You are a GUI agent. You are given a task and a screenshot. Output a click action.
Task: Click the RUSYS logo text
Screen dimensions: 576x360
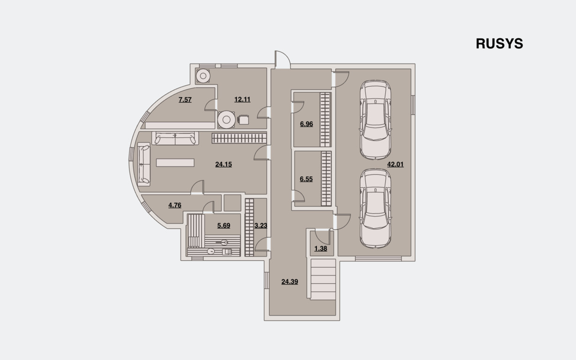pos(499,44)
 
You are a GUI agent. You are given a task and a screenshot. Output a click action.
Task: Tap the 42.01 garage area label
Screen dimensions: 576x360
pos(396,165)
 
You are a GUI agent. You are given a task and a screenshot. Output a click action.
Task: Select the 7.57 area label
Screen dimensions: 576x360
pos(185,99)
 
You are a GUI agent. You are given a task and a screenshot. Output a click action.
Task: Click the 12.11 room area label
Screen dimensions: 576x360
pos(242,99)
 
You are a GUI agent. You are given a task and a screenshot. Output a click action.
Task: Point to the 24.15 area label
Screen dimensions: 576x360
pos(224,165)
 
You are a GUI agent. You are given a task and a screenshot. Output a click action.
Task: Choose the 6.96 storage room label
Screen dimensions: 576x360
pos(307,124)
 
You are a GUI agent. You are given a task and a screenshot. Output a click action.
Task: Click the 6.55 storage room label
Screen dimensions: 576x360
pos(306,179)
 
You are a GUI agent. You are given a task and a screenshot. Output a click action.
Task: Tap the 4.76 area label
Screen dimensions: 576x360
pos(175,205)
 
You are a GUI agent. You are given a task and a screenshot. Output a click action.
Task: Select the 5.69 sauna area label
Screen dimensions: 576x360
pos(224,225)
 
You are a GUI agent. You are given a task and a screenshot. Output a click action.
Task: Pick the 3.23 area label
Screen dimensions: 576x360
pos(261,225)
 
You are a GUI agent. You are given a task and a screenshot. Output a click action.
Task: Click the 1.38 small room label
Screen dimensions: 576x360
pos(321,248)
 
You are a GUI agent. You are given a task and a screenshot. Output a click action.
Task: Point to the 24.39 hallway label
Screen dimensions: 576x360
pos(290,282)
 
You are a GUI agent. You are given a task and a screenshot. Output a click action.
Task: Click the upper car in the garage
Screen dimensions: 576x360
pos(375,120)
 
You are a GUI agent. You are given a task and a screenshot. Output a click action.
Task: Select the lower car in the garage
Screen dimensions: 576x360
pos(375,209)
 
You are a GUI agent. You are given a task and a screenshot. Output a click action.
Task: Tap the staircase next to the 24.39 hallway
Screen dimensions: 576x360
pos(323,279)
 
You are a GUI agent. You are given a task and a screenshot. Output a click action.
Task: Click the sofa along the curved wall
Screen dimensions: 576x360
pos(144,165)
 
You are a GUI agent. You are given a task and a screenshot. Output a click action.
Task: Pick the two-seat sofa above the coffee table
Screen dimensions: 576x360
pos(175,138)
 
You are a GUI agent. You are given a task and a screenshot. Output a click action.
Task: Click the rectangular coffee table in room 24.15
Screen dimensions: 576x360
pos(175,163)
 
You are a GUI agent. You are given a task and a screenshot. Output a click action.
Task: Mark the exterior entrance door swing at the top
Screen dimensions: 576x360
pos(283,60)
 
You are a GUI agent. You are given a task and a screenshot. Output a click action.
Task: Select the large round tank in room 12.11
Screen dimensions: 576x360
pos(226,120)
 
